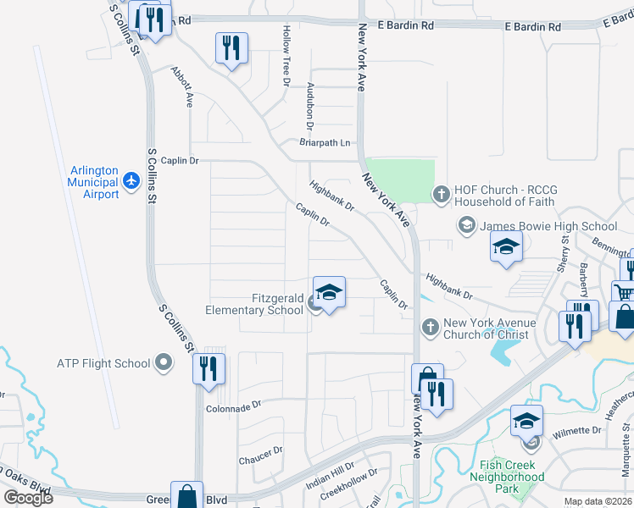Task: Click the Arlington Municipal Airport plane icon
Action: tap(131, 180)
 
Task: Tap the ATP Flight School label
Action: tap(103, 364)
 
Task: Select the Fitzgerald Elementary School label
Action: tap(254, 304)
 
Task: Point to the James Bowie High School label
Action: tap(548, 226)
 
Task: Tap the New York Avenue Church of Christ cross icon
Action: tap(430, 327)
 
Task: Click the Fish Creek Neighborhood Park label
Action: tap(508, 477)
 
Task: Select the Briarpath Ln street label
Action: tap(325, 142)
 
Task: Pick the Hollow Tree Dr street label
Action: tap(286, 56)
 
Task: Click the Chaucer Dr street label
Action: tap(261, 456)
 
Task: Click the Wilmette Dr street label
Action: tap(577, 431)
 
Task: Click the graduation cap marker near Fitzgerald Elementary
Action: tap(329, 293)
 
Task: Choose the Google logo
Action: tap(28, 498)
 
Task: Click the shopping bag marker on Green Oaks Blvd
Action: tap(186, 495)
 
